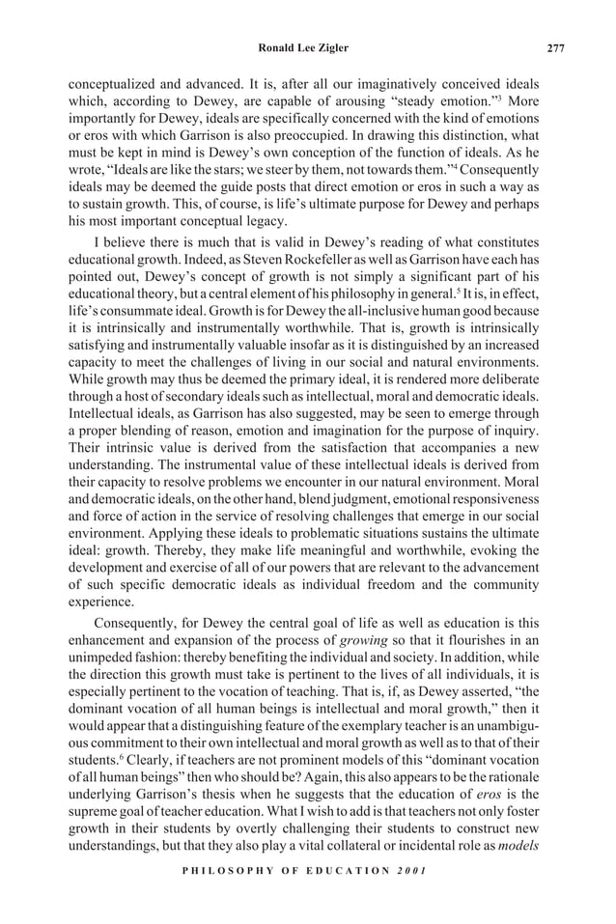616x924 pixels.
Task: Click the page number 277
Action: click(555, 48)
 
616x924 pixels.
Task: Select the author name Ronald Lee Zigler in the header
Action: click(307, 48)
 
